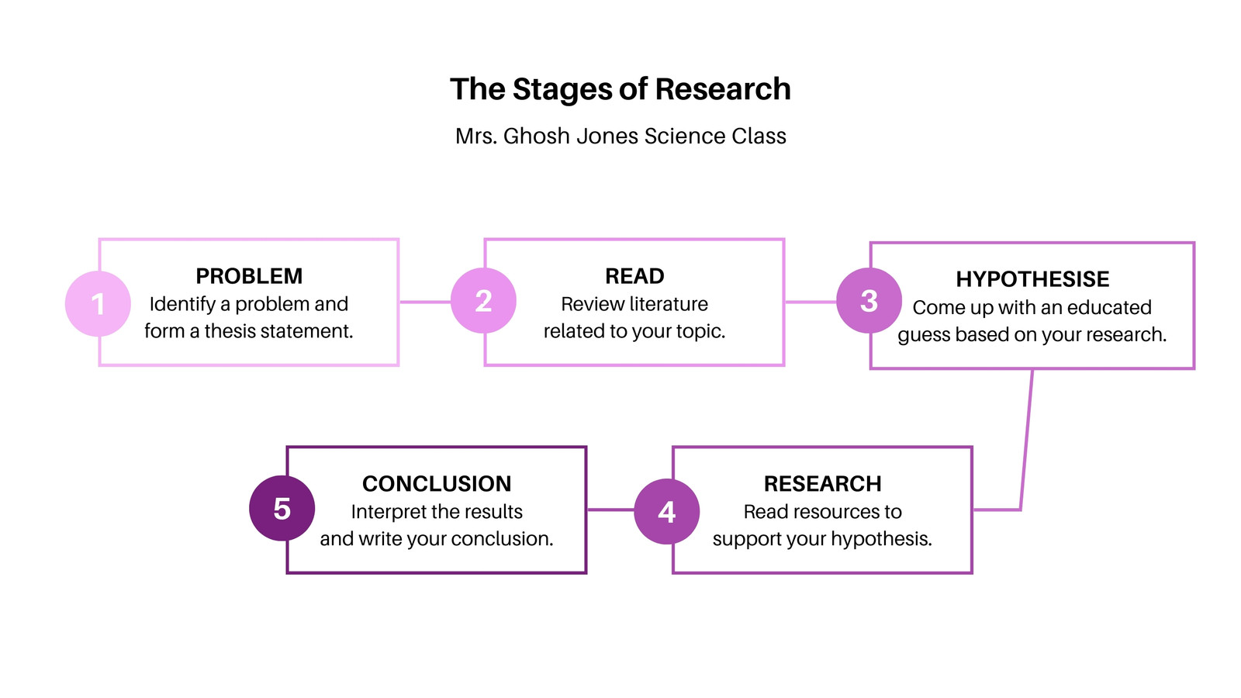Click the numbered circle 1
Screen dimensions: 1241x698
click(x=98, y=303)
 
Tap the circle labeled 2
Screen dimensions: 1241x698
click(x=483, y=301)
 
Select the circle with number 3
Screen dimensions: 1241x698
click(x=869, y=301)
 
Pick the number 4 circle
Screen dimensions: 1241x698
click(x=666, y=511)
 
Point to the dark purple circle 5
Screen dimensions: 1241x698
click(x=282, y=509)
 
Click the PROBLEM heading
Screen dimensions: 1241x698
click(x=249, y=276)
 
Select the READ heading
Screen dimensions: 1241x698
click(x=634, y=276)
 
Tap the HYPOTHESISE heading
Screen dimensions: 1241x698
click(x=1032, y=279)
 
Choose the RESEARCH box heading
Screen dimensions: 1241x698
click(x=823, y=484)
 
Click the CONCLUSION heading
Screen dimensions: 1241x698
click(x=437, y=484)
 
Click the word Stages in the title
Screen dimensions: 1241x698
click(x=574, y=90)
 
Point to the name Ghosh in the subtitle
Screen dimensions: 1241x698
click(x=536, y=136)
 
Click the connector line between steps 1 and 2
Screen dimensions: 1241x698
click(x=425, y=302)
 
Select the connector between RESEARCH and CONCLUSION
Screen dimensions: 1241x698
click(x=610, y=510)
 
